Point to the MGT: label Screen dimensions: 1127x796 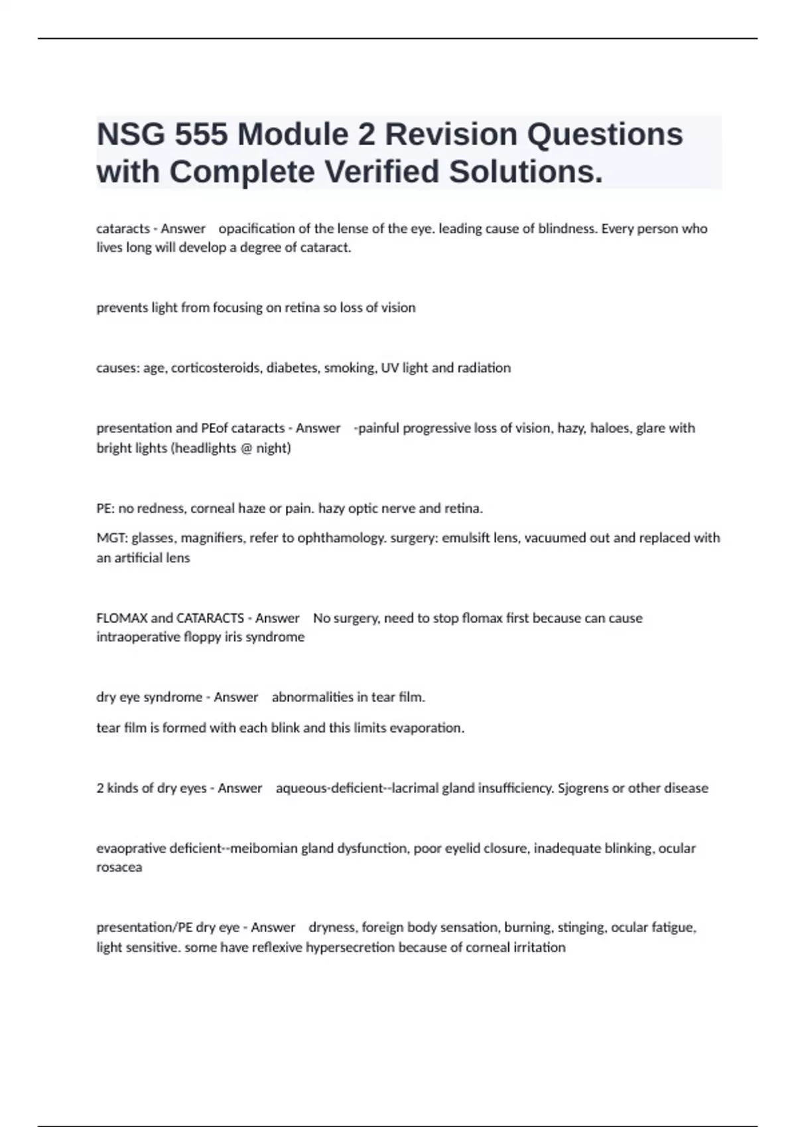[x=111, y=538]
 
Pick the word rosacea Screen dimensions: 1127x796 [x=119, y=867]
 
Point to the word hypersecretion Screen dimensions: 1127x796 [x=350, y=947]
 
